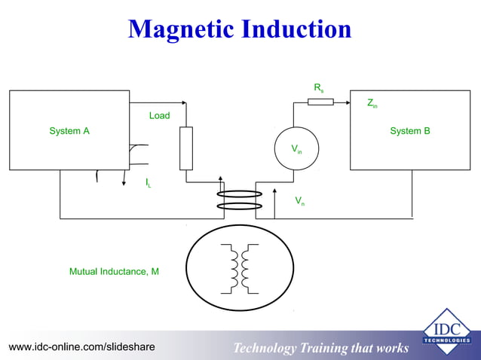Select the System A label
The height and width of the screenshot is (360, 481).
tap(69, 131)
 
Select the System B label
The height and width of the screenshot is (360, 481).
tap(410, 131)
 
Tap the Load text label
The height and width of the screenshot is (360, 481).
tap(159, 115)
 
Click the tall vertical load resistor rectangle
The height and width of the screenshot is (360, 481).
tap(186, 148)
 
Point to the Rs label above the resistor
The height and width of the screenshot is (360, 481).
tap(319, 88)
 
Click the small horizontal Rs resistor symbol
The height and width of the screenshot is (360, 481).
tap(320, 102)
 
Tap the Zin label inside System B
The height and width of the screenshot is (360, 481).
tap(372, 103)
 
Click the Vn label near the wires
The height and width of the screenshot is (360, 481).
tap(299, 200)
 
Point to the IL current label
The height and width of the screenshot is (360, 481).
tap(148, 182)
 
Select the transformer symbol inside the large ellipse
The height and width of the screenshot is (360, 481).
tap(240, 268)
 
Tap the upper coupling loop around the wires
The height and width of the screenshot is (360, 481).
tap(239, 194)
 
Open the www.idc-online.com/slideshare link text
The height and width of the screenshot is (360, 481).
tap(81, 346)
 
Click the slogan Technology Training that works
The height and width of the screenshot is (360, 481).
tap(320, 348)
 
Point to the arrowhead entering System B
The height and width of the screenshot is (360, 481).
tap(347, 102)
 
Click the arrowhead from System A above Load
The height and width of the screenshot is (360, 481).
tap(182, 102)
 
